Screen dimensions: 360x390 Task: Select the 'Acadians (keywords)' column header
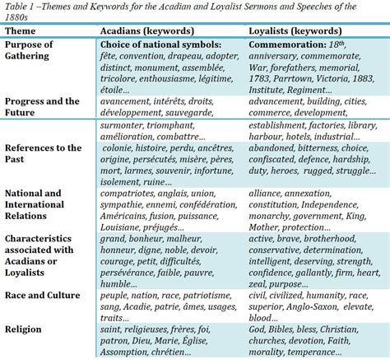point(149,30)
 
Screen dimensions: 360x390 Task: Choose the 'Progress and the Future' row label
point(42,106)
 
